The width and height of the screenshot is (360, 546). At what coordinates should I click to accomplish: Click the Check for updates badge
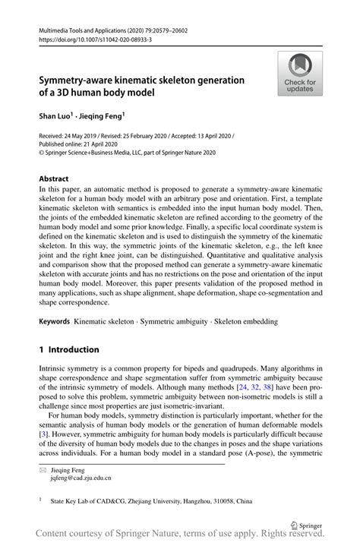(x=301, y=74)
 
